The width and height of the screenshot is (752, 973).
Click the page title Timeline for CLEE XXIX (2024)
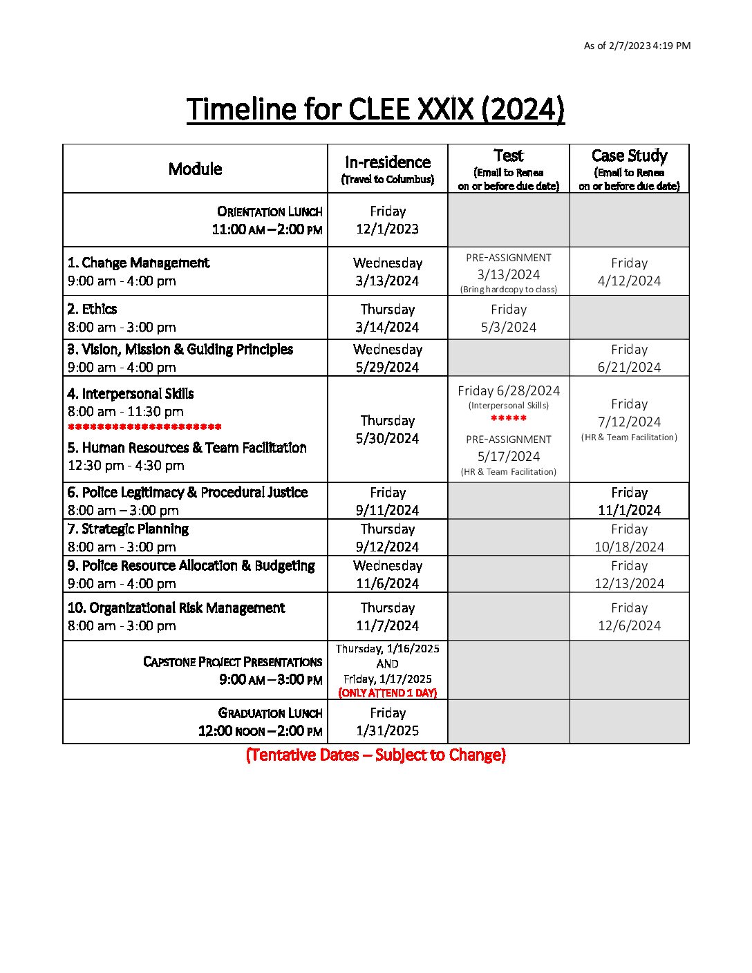tap(375, 109)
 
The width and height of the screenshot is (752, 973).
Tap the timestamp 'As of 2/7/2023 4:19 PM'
tap(637, 46)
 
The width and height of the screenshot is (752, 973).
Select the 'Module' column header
tap(195, 169)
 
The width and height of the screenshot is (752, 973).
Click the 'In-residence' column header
tap(387, 162)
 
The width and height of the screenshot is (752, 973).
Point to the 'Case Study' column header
tap(629, 155)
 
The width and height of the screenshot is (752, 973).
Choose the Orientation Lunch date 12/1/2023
tap(387, 229)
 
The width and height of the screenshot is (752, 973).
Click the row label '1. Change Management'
tap(138, 263)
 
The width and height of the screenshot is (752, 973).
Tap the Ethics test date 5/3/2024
tap(508, 327)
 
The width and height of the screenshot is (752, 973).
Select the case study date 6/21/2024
tap(629, 367)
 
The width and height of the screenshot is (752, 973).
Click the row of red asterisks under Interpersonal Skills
tap(144, 427)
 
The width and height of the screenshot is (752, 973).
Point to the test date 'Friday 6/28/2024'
tap(508, 391)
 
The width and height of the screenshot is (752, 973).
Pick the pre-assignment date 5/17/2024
tap(508, 456)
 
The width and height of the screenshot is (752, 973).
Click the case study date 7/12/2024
tap(629, 422)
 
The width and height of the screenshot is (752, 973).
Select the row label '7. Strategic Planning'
tap(128, 529)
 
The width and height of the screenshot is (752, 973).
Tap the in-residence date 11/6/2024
tap(387, 583)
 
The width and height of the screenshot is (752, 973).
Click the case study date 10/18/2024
tap(629, 547)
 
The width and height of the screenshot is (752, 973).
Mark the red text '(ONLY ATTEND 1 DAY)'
tap(387, 692)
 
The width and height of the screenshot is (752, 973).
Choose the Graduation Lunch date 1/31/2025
tap(387, 730)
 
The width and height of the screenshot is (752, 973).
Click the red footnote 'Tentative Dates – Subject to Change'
tap(375, 755)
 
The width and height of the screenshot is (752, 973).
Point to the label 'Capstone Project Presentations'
tap(232, 661)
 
